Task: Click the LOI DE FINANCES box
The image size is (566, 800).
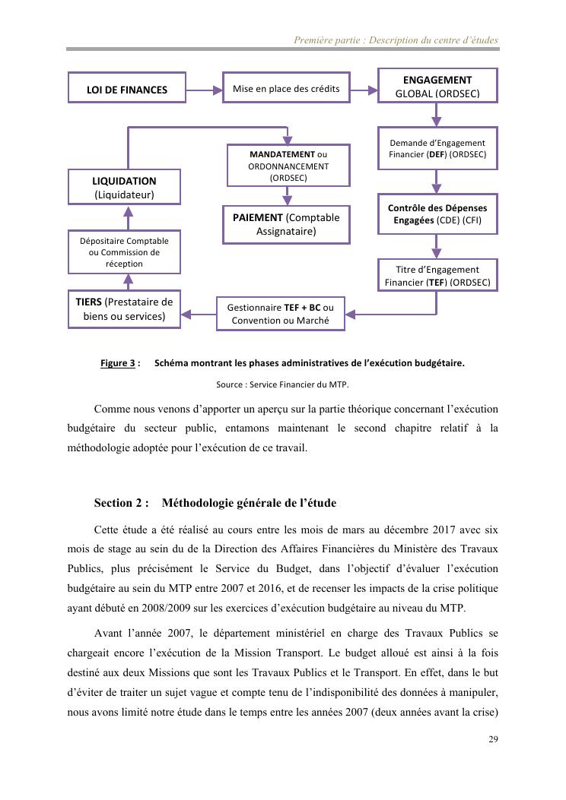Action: coord(127,90)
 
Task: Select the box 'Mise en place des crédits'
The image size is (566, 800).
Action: coord(286,89)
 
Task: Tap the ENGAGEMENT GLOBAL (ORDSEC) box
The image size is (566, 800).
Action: coord(437,86)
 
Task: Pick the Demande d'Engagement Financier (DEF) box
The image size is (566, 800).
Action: coord(437,148)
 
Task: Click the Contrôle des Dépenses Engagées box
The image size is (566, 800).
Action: coord(437,213)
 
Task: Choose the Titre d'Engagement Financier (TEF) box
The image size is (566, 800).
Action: coord(437,275)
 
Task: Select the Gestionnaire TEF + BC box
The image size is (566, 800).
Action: coord(281,314)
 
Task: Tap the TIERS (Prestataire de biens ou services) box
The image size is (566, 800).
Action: coord(124,308)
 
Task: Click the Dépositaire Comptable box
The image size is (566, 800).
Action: coord(124,252)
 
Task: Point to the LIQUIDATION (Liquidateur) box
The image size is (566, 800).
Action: coord(124,188)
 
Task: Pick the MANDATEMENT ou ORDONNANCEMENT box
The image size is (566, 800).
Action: coord(288,166)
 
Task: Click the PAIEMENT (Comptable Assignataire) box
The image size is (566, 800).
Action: coord(286,224)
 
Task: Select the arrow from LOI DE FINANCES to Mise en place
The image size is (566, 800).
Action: coord(204,90)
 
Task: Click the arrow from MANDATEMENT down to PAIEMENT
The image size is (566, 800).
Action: coord(287,196)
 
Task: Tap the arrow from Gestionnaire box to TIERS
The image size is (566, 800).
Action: coord(199,313)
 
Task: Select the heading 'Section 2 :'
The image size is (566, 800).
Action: coord(122,503)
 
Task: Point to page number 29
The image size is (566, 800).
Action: coord(493,740)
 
